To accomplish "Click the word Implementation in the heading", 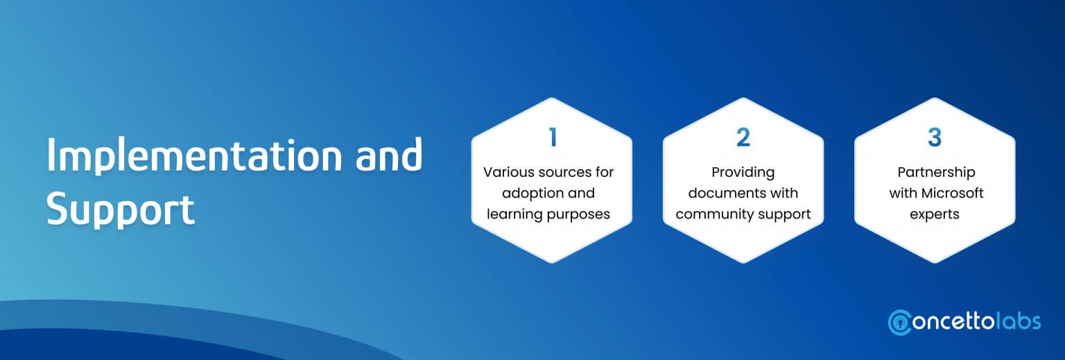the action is click(194, 155).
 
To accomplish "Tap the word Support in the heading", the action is click(120, 209).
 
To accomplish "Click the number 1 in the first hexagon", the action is click(553, 137).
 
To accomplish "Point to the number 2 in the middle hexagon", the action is click(743, 137).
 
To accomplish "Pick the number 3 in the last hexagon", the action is click(935, 137).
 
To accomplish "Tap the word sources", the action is click(564, 173).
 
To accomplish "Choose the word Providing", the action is click(743, 173).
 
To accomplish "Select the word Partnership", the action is click(936, 173).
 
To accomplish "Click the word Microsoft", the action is click(952, 193).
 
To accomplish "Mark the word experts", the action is click(935, 215).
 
